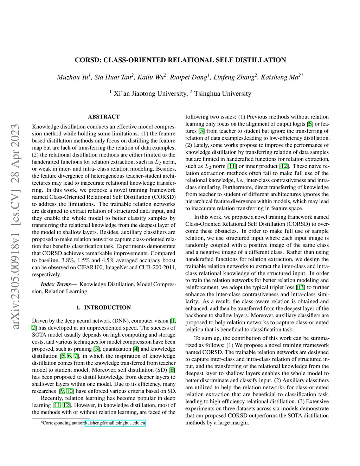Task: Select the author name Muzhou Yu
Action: coord(73,77)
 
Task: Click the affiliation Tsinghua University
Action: coord(223,94)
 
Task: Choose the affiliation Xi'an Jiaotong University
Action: coord(150,94)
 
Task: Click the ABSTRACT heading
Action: coord(104,117)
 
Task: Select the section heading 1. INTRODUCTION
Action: coord(104,307)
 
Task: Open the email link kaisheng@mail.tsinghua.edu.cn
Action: coord(115,423)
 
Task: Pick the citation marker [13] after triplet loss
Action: coord(301,287)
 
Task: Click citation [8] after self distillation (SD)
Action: coord(172,370)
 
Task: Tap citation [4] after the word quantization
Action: coord(136,349)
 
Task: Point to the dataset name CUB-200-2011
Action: coord(158,267)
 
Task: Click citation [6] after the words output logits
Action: coord(310,124)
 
